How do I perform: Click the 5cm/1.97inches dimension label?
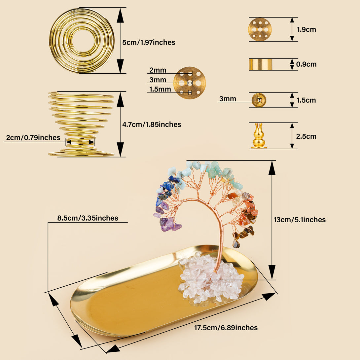[149, 43]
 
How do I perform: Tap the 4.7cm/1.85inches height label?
[152, 125]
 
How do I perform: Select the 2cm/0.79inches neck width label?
[33, 137]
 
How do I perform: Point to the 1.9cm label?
[306, 29]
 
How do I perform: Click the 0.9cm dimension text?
[306, 64]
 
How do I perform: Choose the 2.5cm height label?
[306, 136]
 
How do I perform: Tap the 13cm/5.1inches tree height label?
[299, 220]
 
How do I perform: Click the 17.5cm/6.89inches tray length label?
[226, 328]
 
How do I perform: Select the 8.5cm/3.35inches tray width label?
[88, 218]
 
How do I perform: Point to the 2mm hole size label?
[158, 70]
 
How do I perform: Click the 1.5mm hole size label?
[160, 89]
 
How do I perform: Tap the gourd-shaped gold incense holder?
[259, 136]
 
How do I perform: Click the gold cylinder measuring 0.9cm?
[260, 64]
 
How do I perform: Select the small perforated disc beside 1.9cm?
[260, 29]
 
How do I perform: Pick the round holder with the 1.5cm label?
[259, 100]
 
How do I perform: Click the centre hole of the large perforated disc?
[190, 83]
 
